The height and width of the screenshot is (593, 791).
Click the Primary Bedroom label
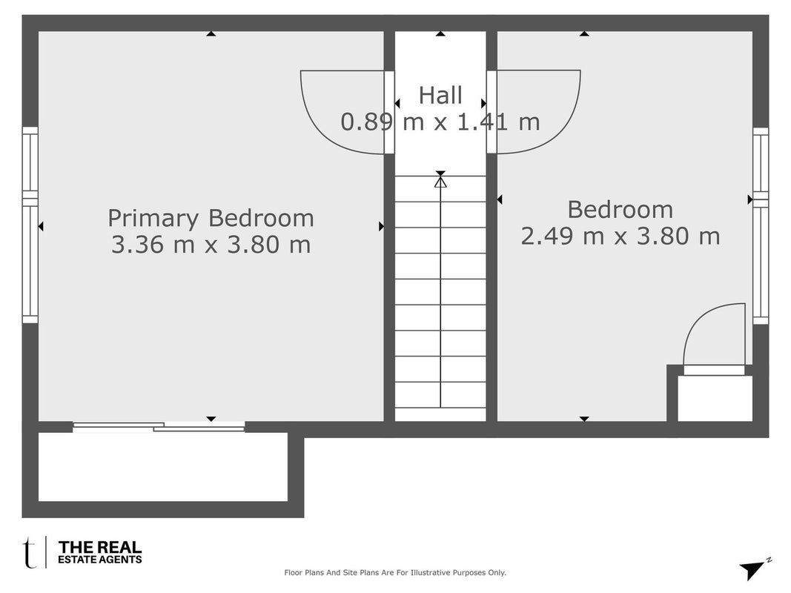[x=211, y=219]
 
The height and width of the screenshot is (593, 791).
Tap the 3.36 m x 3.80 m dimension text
[x=211, y=245]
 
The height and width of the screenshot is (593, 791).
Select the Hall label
[x=440, y=96]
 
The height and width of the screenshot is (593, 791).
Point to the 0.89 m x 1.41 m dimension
[x=440, y=122]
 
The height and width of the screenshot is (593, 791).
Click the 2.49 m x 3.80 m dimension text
[x=620, y=236]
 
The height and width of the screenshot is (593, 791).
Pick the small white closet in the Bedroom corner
[x=715, y=398]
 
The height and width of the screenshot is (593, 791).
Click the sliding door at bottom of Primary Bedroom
[x=159, y=427]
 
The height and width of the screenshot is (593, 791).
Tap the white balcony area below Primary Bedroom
[x=163, y=467]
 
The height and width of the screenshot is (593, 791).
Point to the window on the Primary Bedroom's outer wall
[x=30, y=225]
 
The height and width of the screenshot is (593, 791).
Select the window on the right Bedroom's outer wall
[x=761, y=226]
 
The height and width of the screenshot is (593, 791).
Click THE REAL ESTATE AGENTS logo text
[x=100, y=551]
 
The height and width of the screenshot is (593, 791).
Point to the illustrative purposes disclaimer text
[x=395, y=572]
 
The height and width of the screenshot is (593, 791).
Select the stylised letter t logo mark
[x=30, y=553]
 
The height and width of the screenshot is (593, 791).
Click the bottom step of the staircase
[x=440, y=414]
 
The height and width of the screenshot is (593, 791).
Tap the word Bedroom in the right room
[x=620, y=210]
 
